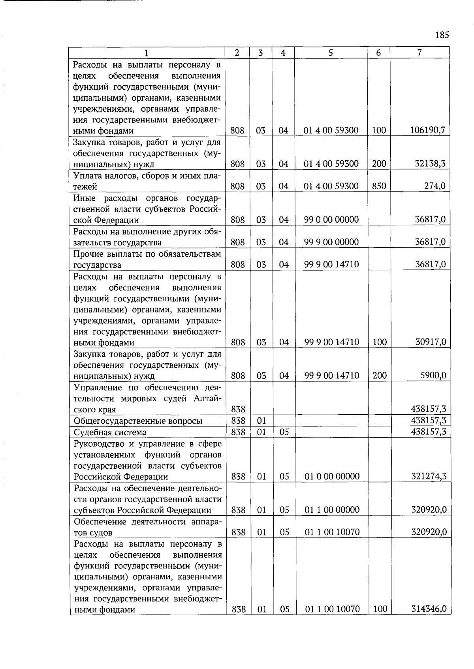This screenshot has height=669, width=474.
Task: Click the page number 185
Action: (442, 35)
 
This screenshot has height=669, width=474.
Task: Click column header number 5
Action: (331, 53)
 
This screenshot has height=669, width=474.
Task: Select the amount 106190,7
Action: (428, 130)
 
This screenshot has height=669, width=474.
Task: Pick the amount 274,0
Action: (435, 186)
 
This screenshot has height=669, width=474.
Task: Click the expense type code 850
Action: (379, 186)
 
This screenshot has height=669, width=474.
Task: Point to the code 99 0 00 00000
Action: (331, 220)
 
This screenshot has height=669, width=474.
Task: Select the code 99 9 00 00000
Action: (331, 242)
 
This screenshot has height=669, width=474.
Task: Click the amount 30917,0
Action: (431, 342)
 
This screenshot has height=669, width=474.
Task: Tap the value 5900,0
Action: (433, 375)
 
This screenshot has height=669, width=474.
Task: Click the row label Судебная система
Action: (110, 432)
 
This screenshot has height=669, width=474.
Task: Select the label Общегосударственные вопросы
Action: (138, 421)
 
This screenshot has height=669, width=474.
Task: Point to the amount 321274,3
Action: (429, 476)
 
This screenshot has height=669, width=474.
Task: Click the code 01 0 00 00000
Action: (332, 476)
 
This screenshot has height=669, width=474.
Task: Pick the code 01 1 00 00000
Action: (332, 510)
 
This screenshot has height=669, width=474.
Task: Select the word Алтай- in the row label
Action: (207, 398)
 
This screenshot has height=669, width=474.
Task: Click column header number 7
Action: (419, 53)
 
